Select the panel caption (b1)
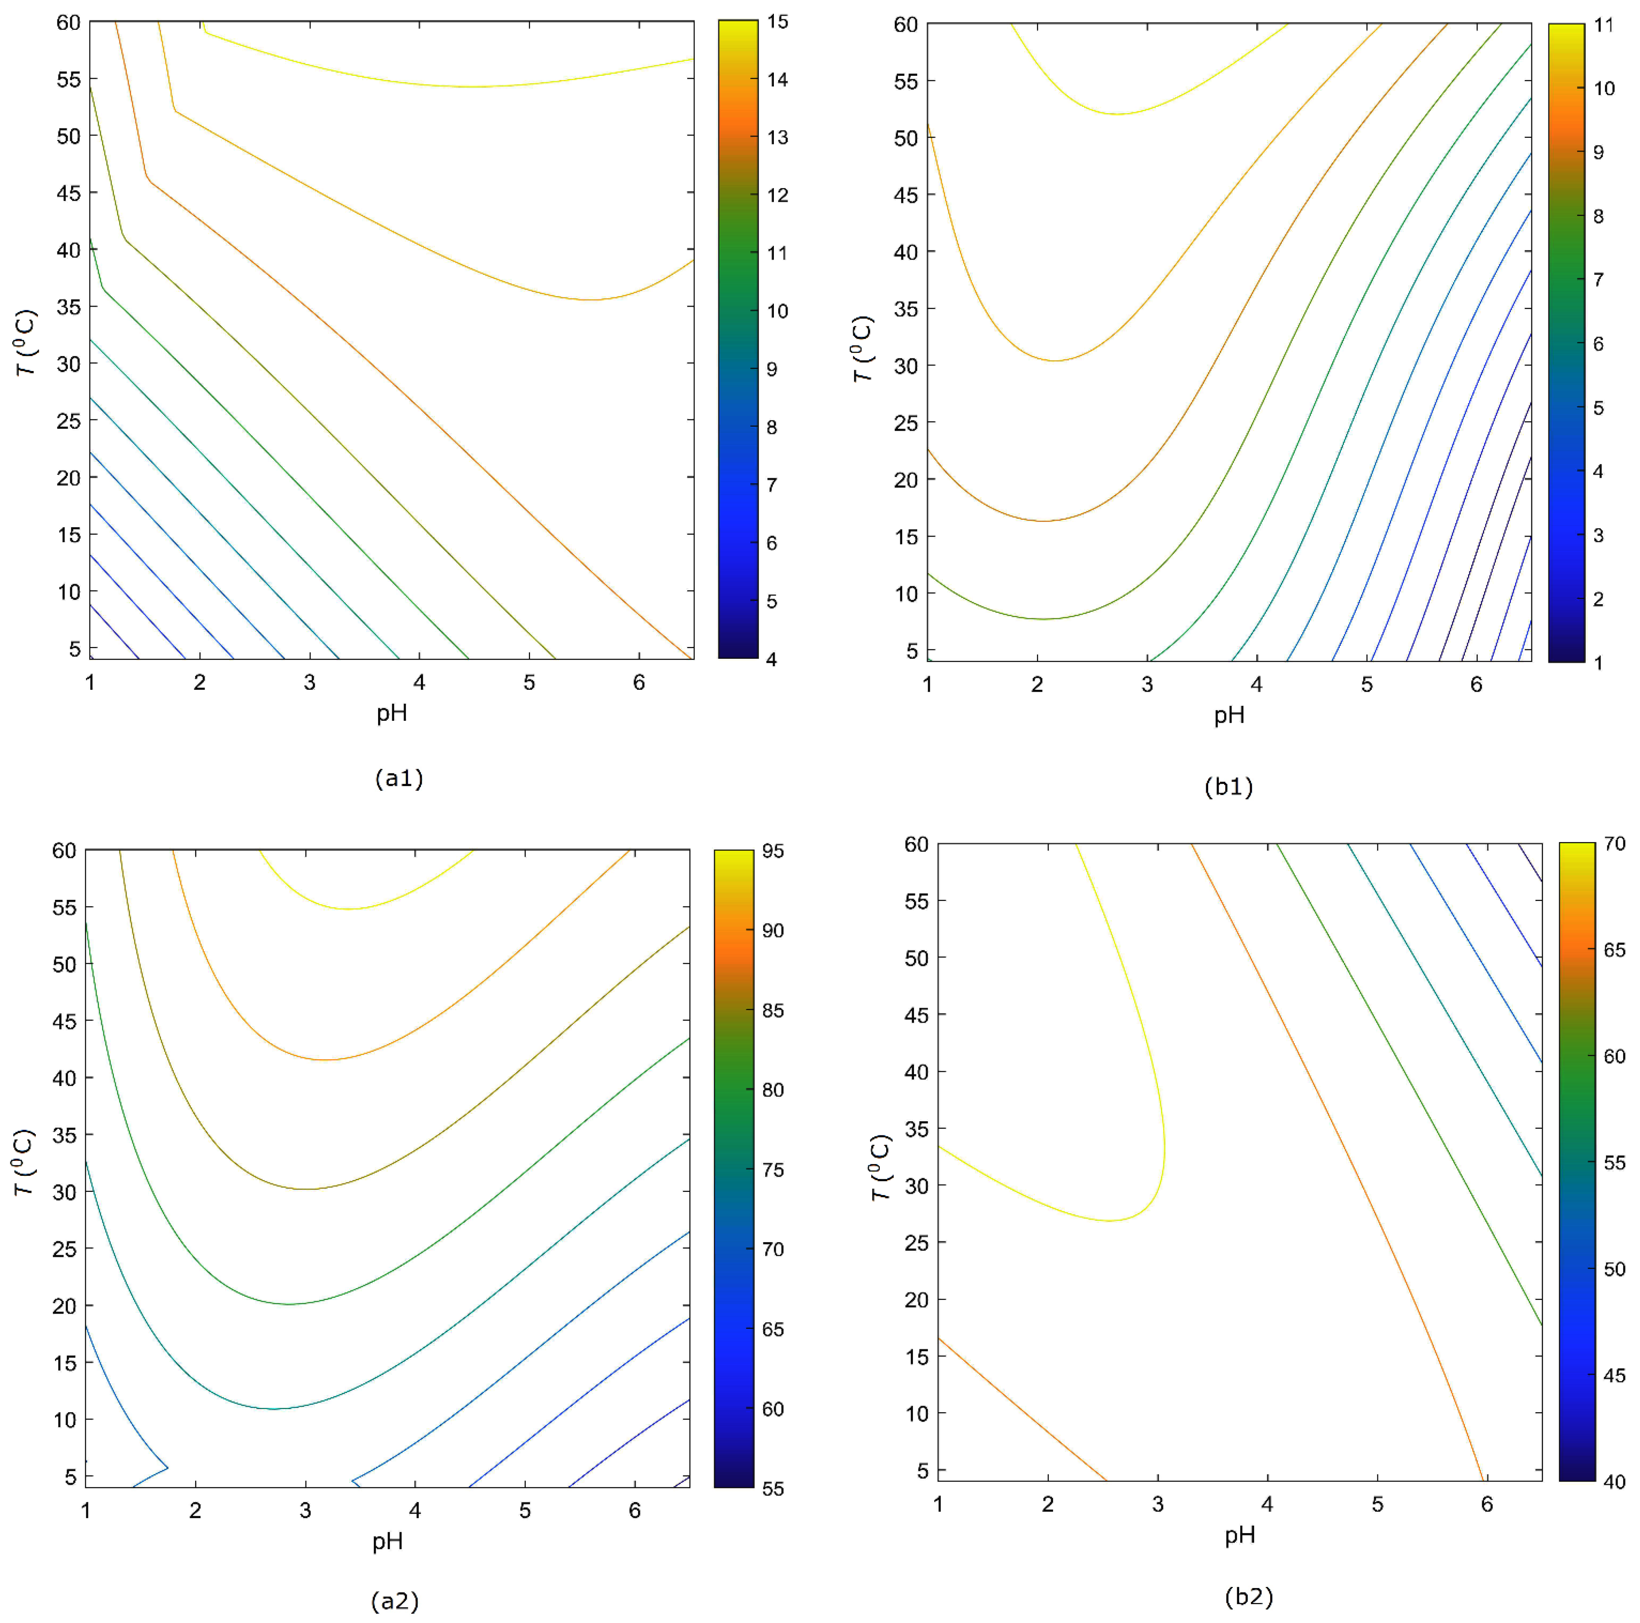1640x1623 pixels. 1228,787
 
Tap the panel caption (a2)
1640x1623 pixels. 395,1601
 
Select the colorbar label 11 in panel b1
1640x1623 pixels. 1603,25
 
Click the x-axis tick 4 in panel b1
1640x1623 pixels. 1256,685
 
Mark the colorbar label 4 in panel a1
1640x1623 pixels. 772,659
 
